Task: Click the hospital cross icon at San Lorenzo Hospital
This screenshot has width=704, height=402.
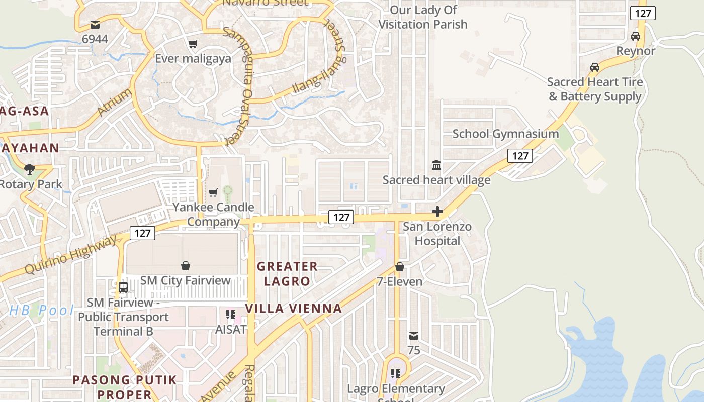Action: (x=437, y=212)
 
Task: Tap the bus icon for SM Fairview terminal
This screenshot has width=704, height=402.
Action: (x=123, y=287)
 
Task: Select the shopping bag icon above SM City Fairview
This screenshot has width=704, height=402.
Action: (x=186, y=265)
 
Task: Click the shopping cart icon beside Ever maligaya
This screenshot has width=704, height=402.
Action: (x=193, y=44)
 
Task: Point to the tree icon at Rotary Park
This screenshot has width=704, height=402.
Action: (x=30, y=169)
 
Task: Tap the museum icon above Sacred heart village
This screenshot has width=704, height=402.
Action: (x=436, y=165)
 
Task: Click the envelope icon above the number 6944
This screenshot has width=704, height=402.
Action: (x=95, y=24)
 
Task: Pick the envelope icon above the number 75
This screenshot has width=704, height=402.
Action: (x=414, y=335)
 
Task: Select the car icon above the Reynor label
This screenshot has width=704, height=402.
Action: (x=636, y=36)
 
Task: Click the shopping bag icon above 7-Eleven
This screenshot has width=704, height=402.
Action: (x=399, y=267)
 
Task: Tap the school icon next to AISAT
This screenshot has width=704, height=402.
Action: (x=231, y=315)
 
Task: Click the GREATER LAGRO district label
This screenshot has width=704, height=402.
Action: (x=287, y=273)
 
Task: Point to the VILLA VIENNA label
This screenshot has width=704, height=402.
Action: (x=294, y=308)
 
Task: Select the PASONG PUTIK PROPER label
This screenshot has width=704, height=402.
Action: (x=125, y=387)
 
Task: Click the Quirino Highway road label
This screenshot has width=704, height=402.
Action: (x=70, y=255)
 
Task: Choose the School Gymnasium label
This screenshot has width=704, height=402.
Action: (x=505, y=134)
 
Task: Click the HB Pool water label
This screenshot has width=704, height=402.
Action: (x=42, y=310)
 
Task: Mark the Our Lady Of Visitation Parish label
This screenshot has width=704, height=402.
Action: (x=423, y=17)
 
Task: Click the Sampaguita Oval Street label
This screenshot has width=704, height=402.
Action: (x=237, y=85)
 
